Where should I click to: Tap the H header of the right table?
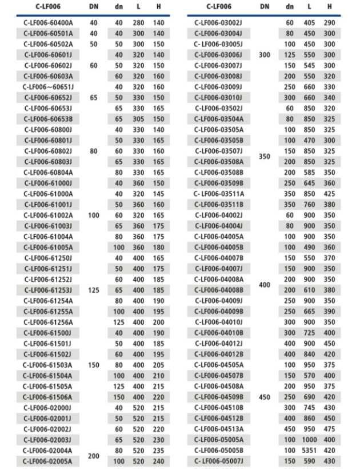click(x=330, y=7)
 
